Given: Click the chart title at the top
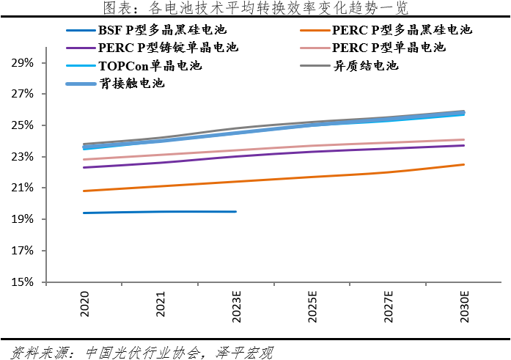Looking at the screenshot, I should [254, 9].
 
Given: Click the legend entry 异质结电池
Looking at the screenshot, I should [366, 65].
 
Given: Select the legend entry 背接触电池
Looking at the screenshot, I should [132, 84].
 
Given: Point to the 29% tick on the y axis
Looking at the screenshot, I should [23, 63].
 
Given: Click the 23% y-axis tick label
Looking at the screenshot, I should [23, 157].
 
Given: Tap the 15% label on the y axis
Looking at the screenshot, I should [23, 282].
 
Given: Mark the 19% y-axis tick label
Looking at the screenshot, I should [23, 219].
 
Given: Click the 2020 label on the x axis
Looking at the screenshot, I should [85, 304].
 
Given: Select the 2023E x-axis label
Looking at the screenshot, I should [236, 306].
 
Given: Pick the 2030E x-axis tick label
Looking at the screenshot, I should [463, 306].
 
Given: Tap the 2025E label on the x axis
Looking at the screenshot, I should [312, 306].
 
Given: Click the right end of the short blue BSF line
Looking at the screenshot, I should [235, 212].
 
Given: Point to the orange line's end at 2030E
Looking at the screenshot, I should [463, 164].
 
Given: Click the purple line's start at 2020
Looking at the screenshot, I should [84, 167].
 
